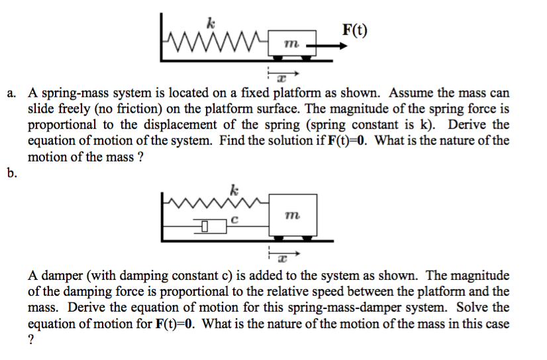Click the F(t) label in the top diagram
(x=356, y=30)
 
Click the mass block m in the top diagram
(x=287, y=43)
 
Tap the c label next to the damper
(x=234, y=221)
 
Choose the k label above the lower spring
(x=232, y=189)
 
